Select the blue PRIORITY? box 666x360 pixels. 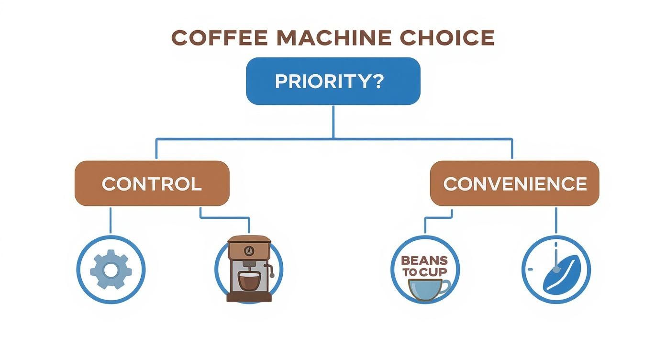(333, 81)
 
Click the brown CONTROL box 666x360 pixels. (152, 184)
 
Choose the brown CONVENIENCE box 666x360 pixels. (514, 184)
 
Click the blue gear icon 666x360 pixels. (111, 270)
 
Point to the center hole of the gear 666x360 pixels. (111, 270)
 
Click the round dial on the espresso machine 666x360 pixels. (249, 250)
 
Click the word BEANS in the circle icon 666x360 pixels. (424, 261)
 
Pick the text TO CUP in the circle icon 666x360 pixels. (424, 272)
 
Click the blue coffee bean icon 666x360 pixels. (563, 274)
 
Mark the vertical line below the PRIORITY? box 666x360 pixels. (333, 122)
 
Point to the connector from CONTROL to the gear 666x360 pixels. (111, 220)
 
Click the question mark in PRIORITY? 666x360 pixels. (377, 81)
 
